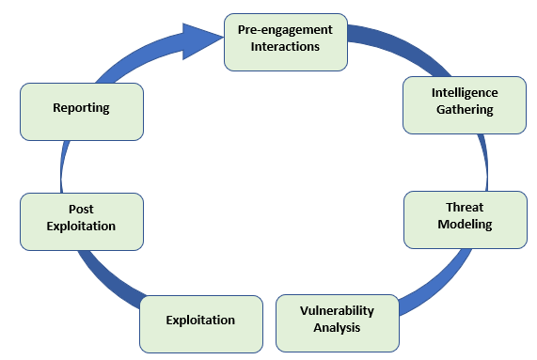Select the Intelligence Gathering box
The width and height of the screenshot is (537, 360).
pos(464,103)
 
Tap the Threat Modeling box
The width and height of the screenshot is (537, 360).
pos(465,219)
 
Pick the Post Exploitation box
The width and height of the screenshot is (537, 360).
pos(82,221)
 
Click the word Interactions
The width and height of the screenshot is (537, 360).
pos(285,46)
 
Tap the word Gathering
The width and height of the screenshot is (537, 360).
pos(465,110)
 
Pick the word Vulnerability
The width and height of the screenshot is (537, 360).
pos(337,311)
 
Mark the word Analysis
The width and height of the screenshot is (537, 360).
pos(337,328)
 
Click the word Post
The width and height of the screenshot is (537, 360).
pos(81,210)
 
